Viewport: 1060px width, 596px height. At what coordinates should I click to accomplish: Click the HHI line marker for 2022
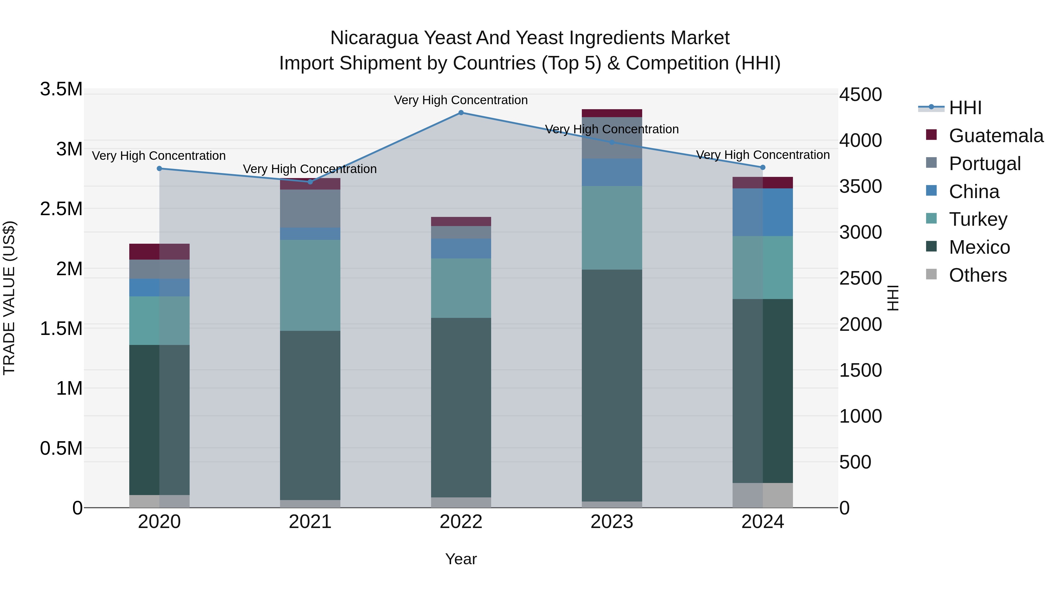(x=461, y=113)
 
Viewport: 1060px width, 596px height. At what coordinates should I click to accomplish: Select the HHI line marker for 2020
(x=160, y=169)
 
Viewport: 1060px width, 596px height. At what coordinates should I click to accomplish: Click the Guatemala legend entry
(x=996, y=136)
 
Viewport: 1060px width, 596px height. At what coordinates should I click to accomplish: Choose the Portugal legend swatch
(x=931, y=163)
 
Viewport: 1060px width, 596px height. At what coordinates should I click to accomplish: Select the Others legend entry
(x=978, y=275)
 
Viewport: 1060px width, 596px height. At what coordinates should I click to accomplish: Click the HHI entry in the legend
(x=965, y=108)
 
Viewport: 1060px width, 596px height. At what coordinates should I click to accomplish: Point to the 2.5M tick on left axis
(x=61, y=209)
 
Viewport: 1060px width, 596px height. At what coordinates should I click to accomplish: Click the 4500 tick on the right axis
(x=860, y=94)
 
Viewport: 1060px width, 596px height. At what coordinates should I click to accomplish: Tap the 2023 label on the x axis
(x=612, y=522)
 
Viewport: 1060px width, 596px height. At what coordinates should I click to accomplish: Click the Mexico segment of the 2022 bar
(x=461, y=407)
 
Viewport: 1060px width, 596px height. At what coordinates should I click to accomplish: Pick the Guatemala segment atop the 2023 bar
(x=612, y=113)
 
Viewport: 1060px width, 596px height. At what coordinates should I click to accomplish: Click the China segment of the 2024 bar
(x=763, y=212)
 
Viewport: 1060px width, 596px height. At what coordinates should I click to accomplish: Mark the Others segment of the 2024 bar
(x=763, y=495)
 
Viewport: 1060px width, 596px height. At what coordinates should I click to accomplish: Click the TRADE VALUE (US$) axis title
(x=9, y=298)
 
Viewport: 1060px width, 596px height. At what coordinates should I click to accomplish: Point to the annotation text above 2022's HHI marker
(x=461, y=100)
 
